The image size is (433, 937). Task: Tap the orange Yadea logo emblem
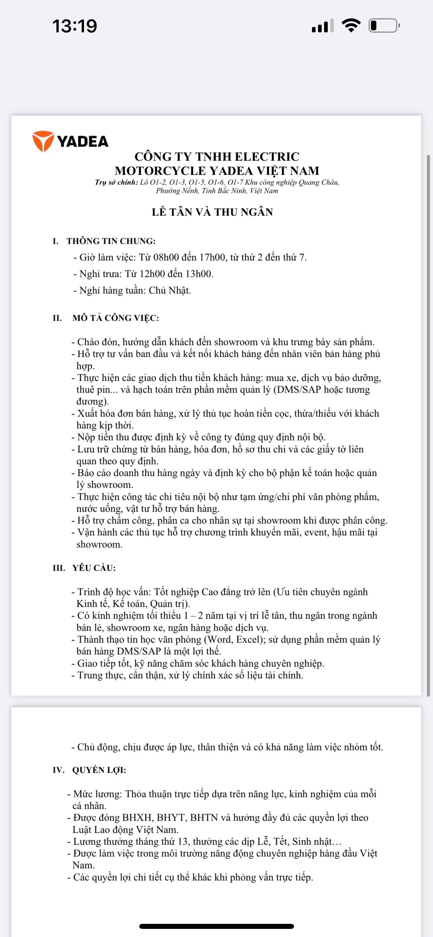click(43, 141)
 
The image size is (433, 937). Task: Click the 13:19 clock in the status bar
click(75, 26)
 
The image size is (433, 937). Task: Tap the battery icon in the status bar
click(384, 26)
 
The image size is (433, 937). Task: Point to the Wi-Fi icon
click(351, 25)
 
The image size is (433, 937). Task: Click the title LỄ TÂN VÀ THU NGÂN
click(212, 212)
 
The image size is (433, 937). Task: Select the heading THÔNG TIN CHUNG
click(111, 241)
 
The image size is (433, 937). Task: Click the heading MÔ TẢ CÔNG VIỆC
click(116, 318)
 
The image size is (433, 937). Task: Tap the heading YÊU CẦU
click(94, 568)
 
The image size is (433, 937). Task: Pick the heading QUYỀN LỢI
click(99, 770)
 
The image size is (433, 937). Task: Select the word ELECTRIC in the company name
click(267, 157)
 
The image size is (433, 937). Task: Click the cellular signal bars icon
click(322, 26)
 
